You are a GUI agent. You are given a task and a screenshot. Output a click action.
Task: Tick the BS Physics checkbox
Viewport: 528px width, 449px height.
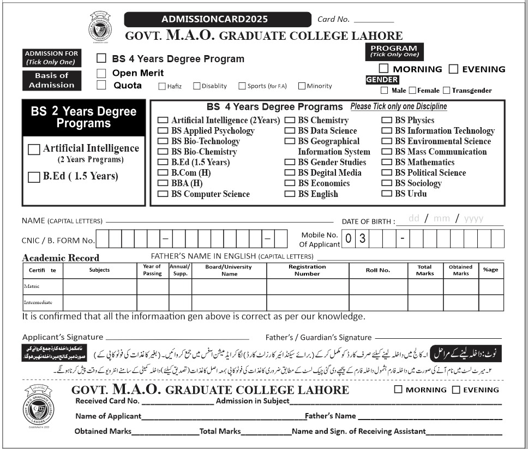click(x=386, y=120)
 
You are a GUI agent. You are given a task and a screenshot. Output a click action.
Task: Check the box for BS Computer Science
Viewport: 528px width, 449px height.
click(x=163, y=194)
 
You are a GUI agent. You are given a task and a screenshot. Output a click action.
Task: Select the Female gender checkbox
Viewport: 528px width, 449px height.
click(x=412, y=91)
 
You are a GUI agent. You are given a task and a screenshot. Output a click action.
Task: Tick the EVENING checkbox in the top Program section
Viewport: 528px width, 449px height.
click(x=453, y=69)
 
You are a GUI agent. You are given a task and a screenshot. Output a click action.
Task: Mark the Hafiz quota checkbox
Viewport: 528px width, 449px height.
click(x=162, y=86)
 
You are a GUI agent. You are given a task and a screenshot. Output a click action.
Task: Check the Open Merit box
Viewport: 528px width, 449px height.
click(x=101, y=73)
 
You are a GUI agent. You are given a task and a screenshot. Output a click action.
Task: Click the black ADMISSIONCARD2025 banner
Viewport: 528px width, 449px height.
click(x=214, y=19)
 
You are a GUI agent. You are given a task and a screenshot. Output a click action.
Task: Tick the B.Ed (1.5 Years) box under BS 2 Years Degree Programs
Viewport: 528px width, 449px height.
click(x=34, y=176)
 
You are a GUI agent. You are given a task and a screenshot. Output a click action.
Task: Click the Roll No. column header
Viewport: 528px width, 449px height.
click(x=377, y=270)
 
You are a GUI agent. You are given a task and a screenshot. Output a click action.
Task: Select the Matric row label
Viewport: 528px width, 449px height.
click(x=32, y=286)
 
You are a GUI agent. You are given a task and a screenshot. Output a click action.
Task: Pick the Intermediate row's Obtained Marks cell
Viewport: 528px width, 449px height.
click(x=460, y=302)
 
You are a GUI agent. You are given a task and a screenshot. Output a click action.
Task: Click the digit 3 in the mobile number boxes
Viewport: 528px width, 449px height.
click(x=362, y=238)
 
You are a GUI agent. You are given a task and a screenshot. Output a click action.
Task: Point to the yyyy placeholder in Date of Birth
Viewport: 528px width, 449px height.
click(x=473, y=218)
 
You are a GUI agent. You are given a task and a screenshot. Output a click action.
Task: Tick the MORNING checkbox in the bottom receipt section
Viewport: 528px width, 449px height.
click(x=398, y=390)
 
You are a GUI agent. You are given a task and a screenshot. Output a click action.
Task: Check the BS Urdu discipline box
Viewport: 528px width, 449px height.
click(x=386, y=194)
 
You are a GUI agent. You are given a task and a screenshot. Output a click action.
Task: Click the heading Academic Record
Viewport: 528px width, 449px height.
click(x=61, y=258)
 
